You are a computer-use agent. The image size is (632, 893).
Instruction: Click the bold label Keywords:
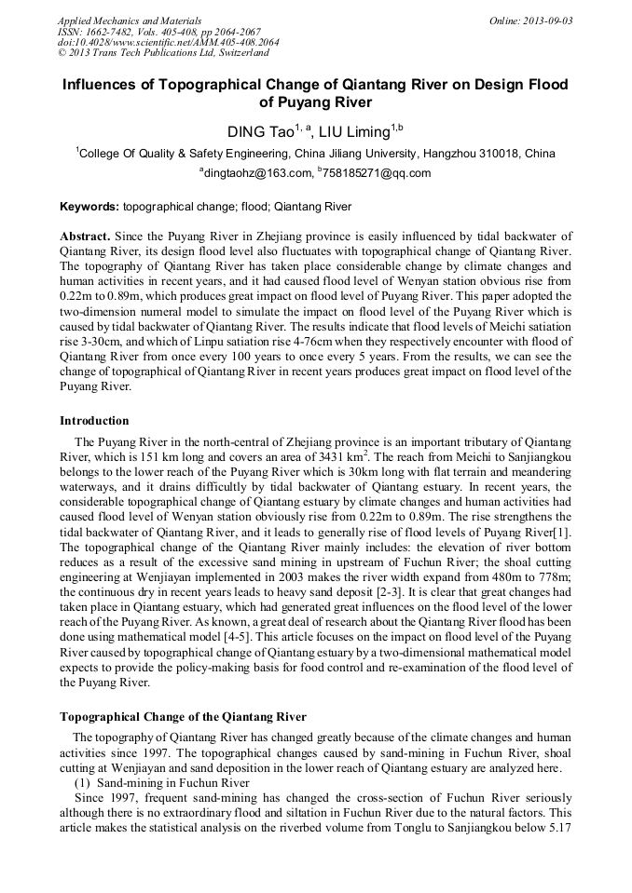(x=89, y=206)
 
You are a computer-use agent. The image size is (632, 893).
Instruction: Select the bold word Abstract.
(x=85, y=237)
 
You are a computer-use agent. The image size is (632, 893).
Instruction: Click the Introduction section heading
(x=94, y=421)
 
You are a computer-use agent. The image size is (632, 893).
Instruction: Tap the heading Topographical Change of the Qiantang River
(x=183, y=717)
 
